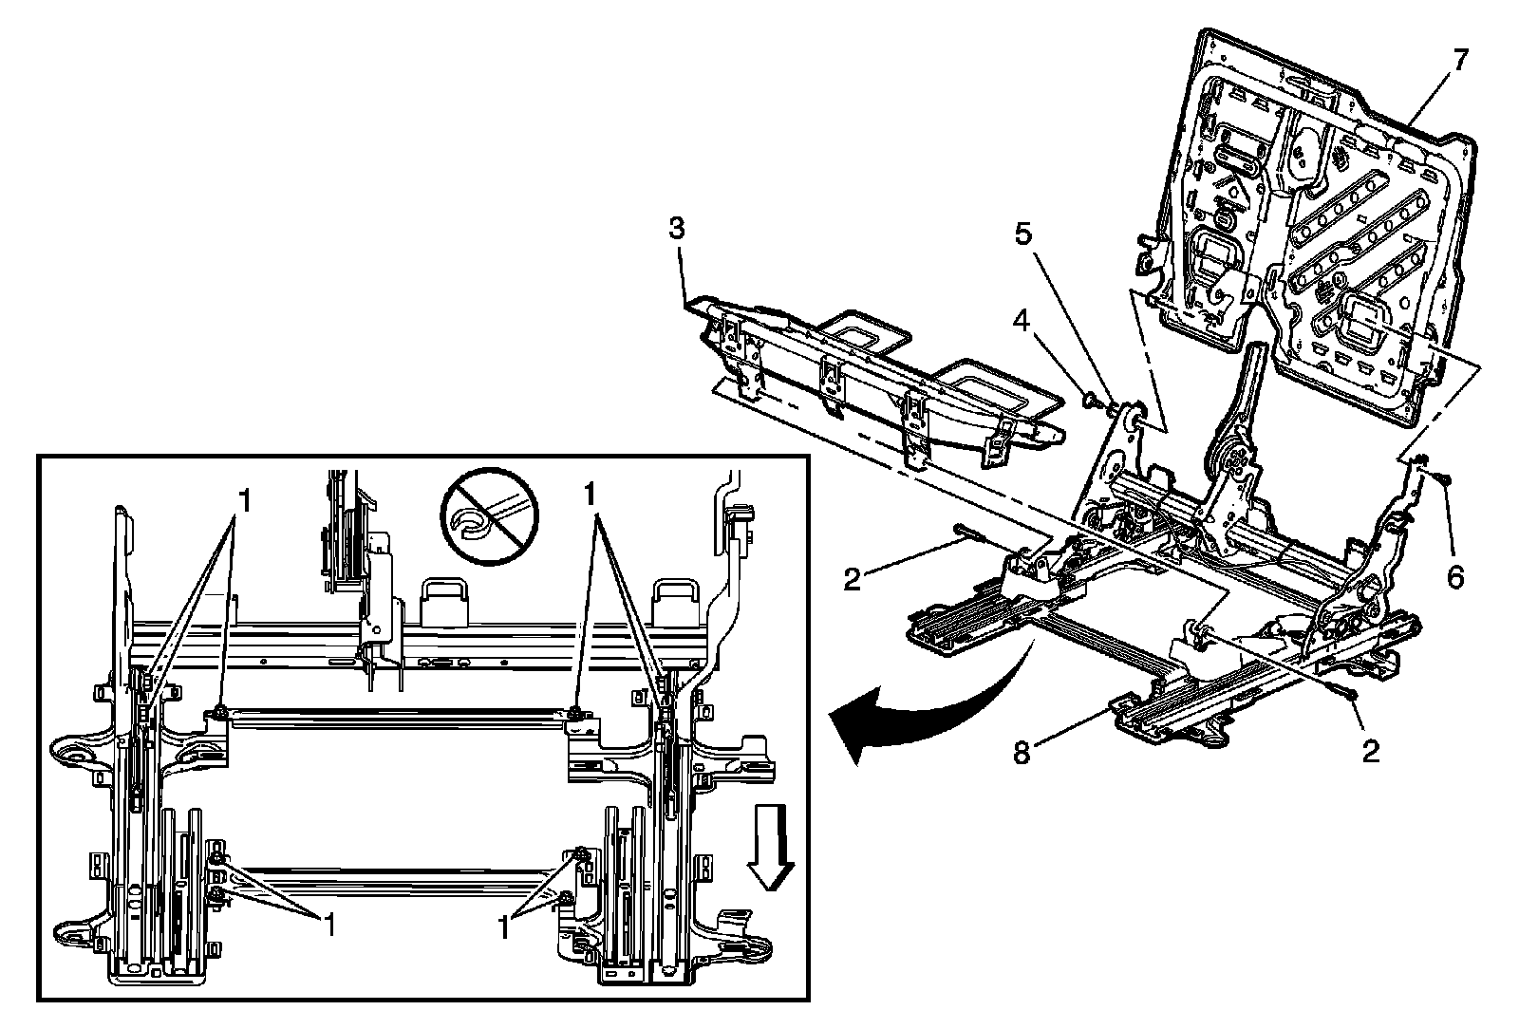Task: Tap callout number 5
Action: pyautogui.click(x=1022, y=234)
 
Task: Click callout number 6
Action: pyautogui.click(x=1455, y=576)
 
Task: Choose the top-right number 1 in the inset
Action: pyautogui.click(x=591, y=494)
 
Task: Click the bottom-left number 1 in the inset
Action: pyautogui.click(x=329, y=926)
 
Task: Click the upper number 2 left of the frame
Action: pyautogui.click(x=852, y=579)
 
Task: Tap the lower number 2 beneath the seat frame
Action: pyautogui.click(x=1371, y=751)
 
